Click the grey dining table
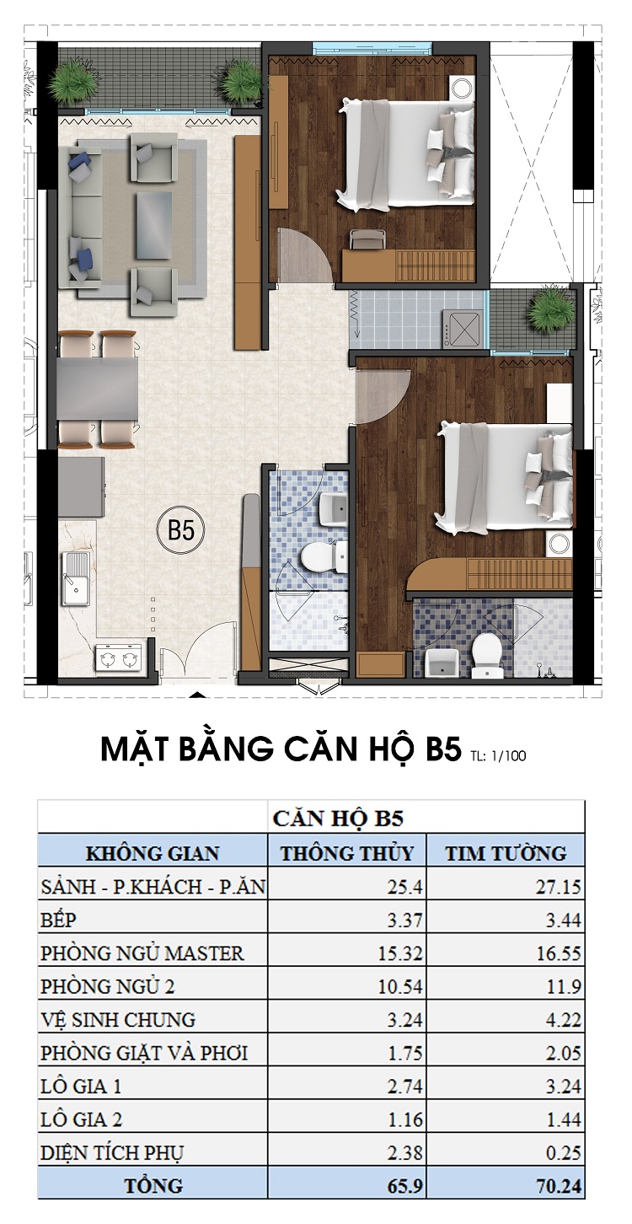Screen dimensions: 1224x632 [97, 388]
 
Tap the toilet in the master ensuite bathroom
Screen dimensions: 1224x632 [485, 655]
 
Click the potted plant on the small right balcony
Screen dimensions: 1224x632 [549, 311]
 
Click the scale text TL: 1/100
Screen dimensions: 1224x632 [500, 755]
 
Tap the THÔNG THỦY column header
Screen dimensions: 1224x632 [347, 852]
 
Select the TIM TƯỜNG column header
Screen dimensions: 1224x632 [506, 852]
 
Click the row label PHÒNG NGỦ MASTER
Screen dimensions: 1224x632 [142, 953]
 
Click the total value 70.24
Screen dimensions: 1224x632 [560, 1185]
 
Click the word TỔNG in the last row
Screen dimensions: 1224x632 [153, 1185]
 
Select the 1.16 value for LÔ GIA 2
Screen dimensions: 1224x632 [406, 1119]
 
